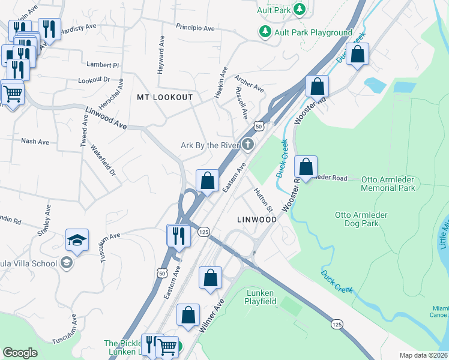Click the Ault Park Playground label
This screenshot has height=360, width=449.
pyautogui.click(x=313, y=32)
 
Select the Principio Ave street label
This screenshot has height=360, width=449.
pyautogui.click(x=195, y=28)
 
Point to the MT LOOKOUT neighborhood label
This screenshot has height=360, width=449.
pyautogui.click(x=165, y=97)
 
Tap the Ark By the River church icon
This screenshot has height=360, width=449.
pyautogui.click(x=247, y=145)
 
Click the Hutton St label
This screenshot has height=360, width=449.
pyautogui.click(x=264, y=200)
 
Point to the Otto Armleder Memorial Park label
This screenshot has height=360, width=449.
pyautogui.click(x=388, y=184)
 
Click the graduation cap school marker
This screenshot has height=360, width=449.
pyautogui.click(x=77, y=241)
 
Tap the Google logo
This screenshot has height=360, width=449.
pyautogui.click(x=20, y=352)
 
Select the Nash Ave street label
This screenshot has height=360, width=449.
pyautogui.click(x=35, y=142)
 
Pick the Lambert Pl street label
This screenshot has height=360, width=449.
pyautogui.click(x=103, y=64)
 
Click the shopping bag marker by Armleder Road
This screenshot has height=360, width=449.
pyautogui.click(x=306, y=167)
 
